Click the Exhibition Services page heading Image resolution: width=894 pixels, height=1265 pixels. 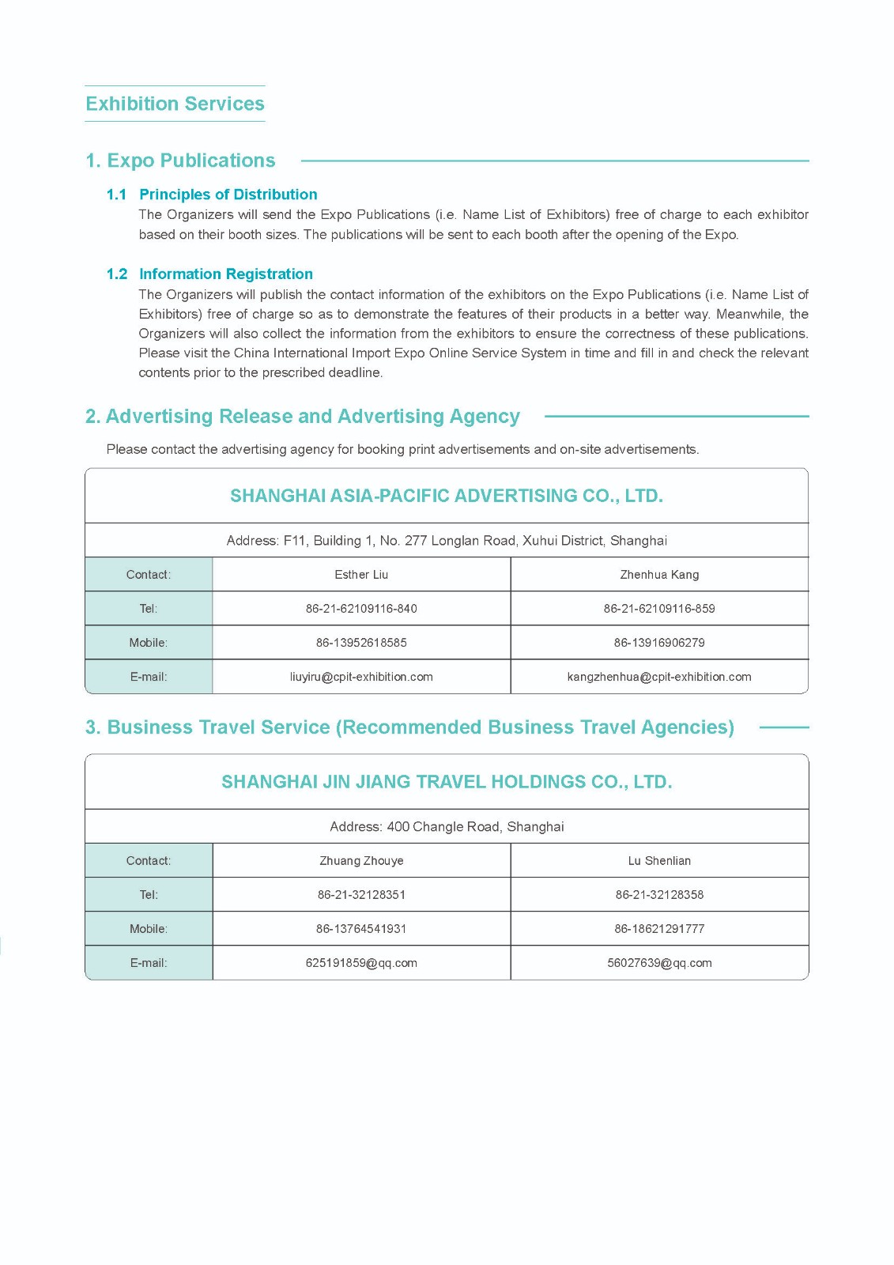[x=175, y=104]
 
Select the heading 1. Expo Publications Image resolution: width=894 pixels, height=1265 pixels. [x=180, y=160]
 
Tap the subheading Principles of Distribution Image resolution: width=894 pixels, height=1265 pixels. [x=228, y=194]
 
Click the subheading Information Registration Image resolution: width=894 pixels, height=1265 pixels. [x=225, y=274]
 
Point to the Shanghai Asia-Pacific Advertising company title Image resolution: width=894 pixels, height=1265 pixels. [x=446, y=496]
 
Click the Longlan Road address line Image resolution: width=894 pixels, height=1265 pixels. [x=446, y=541]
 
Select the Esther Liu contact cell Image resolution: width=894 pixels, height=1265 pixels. [x=361, y=575]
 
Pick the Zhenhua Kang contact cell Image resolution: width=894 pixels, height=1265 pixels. [x=659, y=575]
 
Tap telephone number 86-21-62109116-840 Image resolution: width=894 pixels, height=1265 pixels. [x=361, y=609]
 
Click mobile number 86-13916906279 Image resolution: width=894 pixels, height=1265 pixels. [x=659, y=643]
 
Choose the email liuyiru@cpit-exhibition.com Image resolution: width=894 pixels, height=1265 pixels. [x=361, y=677]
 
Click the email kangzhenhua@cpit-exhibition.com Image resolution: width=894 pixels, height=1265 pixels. [x=659, y=677]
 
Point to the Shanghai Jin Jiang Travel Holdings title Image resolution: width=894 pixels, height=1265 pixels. [x=446, y=782]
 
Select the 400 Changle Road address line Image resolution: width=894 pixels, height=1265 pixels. [x=446, y=827]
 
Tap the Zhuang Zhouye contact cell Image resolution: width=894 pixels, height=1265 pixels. [x=361, y=861]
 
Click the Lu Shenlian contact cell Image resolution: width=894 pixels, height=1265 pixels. [x=659, y=861]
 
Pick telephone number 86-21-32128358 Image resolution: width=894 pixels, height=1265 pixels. [x=659, y=895]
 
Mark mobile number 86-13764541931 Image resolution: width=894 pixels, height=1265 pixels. [x=361, y=929]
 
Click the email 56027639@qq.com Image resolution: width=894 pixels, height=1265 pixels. [x=659, y=963]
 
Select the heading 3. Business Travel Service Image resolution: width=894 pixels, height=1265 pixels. [x=409, y=727]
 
